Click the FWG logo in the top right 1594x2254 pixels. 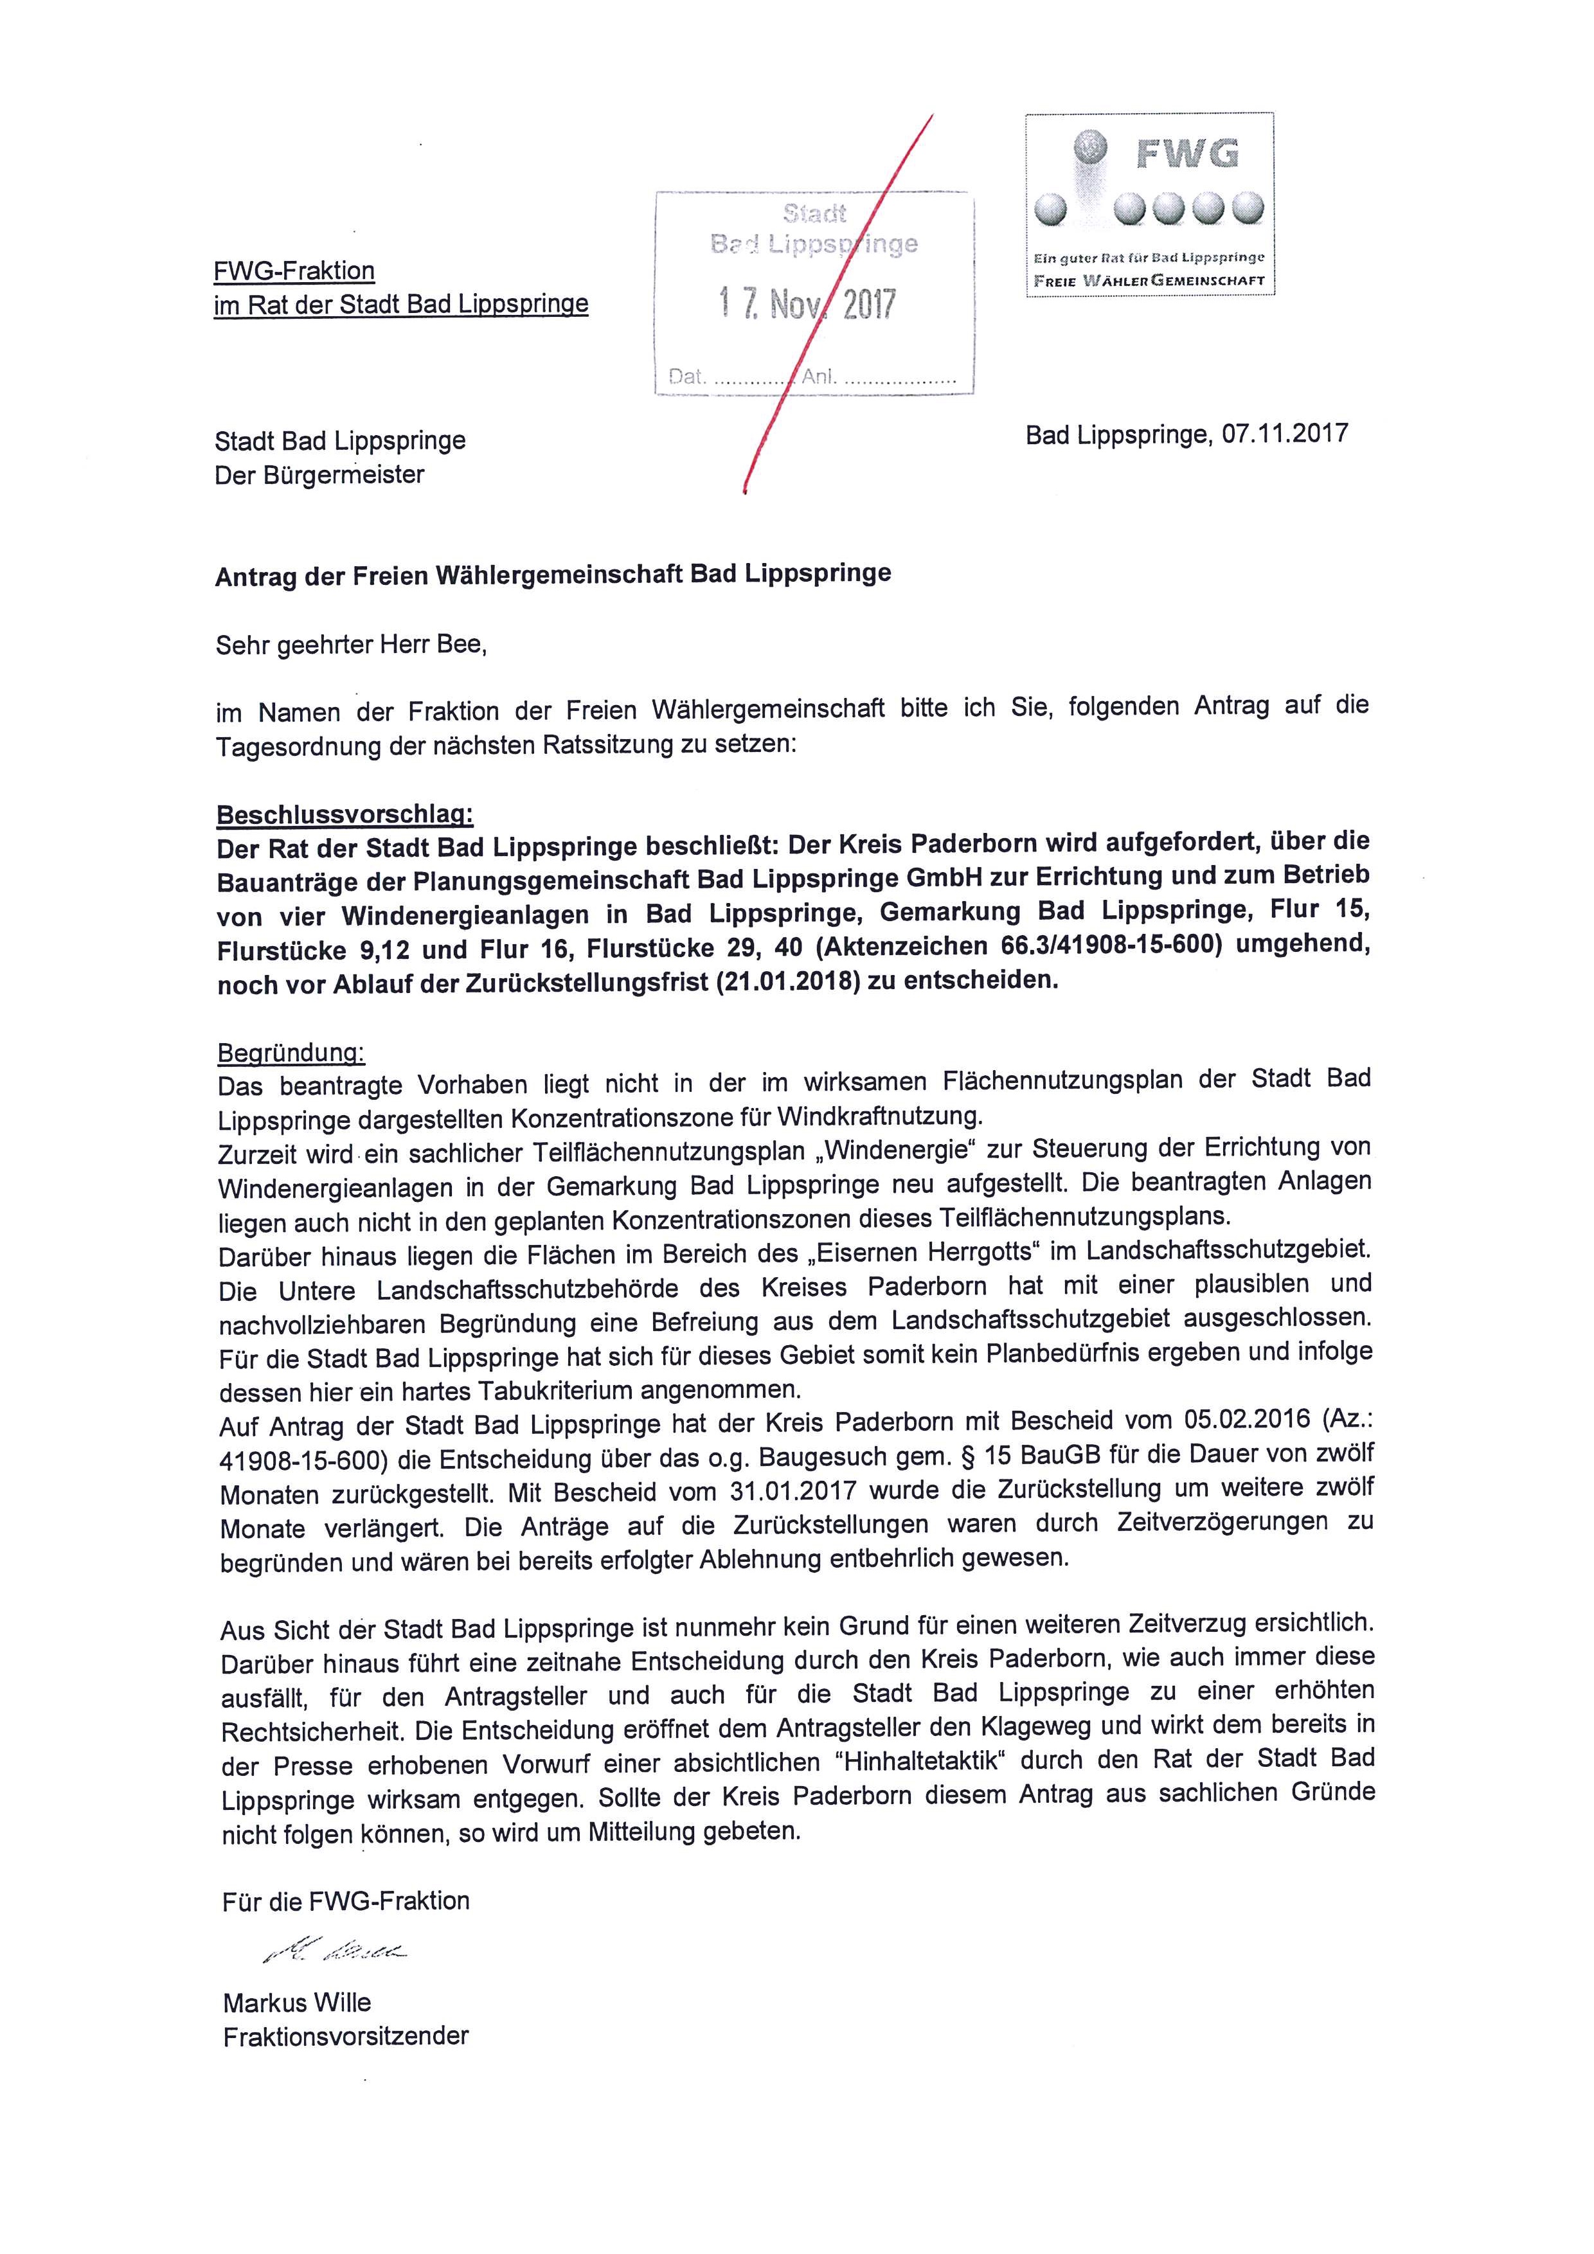1149,203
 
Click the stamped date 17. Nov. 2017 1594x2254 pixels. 807,305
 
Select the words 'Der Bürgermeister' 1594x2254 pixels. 320,475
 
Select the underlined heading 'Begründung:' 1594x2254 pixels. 291,1053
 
